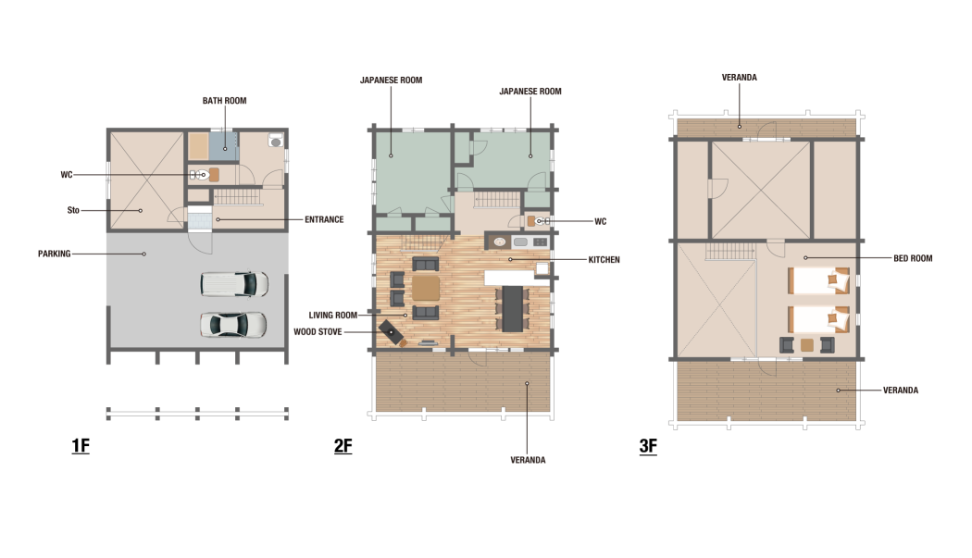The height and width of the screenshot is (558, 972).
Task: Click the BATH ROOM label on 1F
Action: click(224, 101)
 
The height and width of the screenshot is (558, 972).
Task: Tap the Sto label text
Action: click(73, 210)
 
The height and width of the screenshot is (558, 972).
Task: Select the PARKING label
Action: click(54, 254)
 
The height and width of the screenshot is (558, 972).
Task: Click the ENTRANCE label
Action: click(324, 219)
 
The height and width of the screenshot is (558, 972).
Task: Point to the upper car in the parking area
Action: click(234, 284)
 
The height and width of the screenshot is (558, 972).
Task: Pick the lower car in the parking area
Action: click(233, 324)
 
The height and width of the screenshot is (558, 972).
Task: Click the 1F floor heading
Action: click(81, 446)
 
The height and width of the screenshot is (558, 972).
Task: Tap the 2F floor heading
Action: click(343, 446)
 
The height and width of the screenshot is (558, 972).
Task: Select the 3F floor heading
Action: click(648, 446)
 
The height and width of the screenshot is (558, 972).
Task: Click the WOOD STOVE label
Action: click(318, 331)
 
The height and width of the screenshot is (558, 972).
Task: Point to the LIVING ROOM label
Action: click(333, 315)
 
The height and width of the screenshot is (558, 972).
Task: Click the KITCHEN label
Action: click(604, 260)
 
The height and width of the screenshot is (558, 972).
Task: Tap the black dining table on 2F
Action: click(513, 308)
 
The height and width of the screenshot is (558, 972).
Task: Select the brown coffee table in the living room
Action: click(426, 288)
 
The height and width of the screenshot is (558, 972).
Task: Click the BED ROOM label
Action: click(913, 258)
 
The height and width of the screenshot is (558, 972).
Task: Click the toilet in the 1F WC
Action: click(199, 175)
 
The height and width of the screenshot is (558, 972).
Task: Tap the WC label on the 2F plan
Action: click(600, 221)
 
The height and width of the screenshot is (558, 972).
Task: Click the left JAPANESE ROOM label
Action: click(392, 80)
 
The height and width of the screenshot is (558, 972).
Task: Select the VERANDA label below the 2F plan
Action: click(528, 460)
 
